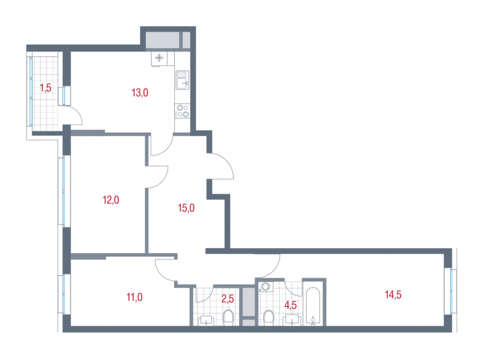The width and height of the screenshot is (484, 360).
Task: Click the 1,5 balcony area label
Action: click(x=45, y=88)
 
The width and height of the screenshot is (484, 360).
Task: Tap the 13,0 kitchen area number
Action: click(x=140, y=93)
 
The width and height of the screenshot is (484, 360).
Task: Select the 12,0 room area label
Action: click(x=111, y=200)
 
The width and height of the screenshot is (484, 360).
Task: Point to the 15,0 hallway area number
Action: click(x=186, y=208)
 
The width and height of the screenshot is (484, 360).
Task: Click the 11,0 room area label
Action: click(x=134, y=297)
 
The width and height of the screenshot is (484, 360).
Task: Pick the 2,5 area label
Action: click(x=228, y=298)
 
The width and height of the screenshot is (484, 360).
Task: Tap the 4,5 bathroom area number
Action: click(x=290, y=305)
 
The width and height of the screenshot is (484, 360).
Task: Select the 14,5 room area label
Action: click(x=393, y=295)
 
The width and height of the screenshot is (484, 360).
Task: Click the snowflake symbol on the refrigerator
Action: click(x=159, y=57)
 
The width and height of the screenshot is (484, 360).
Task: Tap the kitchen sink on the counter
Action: click(x=182, y=80)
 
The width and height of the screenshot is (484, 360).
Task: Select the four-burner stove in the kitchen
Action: click(x=183, y=111)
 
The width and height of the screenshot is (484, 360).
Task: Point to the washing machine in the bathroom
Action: click(x=265, y=287)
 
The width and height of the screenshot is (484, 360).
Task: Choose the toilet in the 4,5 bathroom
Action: click(x=269, y=318)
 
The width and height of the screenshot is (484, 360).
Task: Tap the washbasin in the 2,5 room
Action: click(x=206, y=321)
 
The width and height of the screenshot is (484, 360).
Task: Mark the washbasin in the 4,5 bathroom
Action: click(x=292, y=320)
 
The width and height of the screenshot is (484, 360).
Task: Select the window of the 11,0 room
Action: click(x=64, y=294)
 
